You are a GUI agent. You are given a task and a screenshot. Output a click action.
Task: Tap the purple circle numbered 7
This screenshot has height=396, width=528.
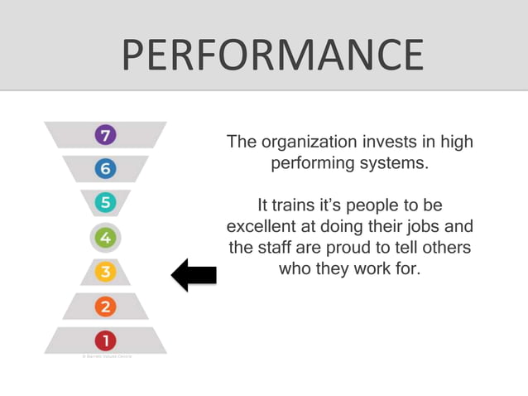pyautogui.click(x=105, y=135)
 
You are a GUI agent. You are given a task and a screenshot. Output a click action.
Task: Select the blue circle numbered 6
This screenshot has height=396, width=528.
pyautogui.click(x=105, y=169)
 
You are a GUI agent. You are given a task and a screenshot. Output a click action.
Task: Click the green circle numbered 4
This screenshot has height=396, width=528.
pyautogui.click(x=105, y=239)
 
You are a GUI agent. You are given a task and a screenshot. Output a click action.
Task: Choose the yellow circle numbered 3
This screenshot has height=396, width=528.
pyautogui.click(x=105, y=272)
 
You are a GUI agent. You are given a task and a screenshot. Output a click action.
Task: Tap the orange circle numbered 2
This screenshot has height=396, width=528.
pyautogui.click(x=105, y=307)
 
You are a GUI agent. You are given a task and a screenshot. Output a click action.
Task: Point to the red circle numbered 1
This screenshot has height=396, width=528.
pyautogui.click(x=105, y=340)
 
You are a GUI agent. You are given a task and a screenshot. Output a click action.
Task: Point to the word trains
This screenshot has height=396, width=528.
pyautogui.click(x=299, y=205)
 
